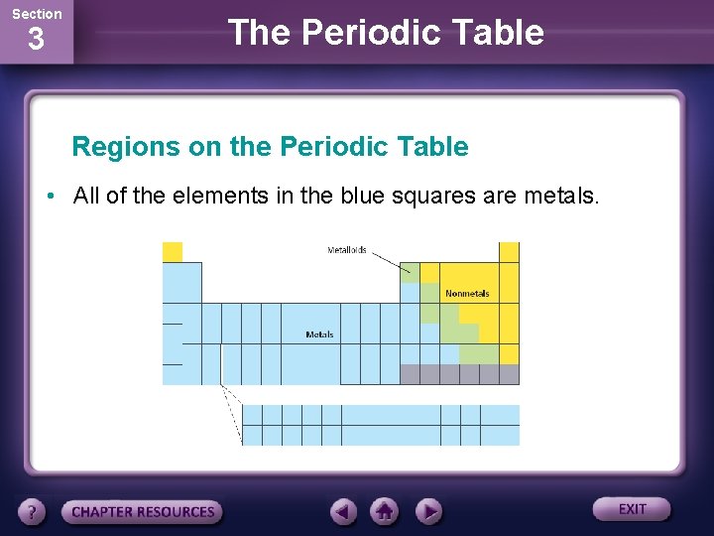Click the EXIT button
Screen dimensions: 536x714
(632, 509)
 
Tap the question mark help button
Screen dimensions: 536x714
(32, 512)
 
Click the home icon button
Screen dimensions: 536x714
(385, 511)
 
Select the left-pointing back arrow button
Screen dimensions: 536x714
(343, 511)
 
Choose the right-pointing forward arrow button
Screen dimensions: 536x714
(427, 511)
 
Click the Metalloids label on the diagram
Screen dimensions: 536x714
(346, 250)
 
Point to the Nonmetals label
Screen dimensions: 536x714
(467, 294)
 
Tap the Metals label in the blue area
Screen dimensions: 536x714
(319, 335)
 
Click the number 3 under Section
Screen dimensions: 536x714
(36, 41)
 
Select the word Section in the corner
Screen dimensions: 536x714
(36, 14)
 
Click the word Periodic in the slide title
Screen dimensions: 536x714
(363, 33)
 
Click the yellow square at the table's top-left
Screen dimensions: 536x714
(173, 252)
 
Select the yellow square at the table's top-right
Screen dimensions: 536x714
(509, 252)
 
